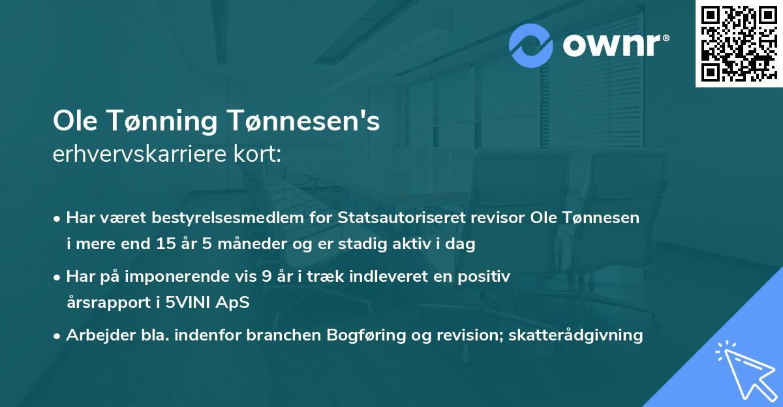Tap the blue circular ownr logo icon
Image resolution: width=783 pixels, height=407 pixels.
(x=531, y=46)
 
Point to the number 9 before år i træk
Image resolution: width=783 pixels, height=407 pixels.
(x=266, y=277)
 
